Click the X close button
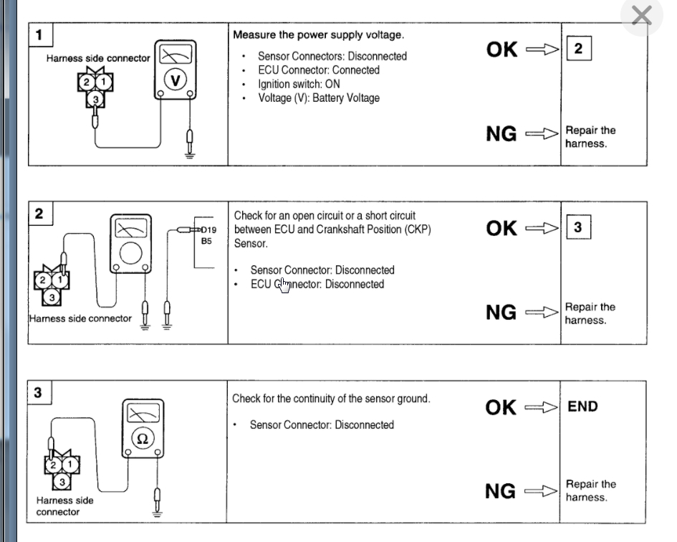641,16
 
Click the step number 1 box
39,34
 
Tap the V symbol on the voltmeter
175,80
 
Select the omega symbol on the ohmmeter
142,438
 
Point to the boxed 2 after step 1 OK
578,49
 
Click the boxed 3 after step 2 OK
578,228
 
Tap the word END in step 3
582,406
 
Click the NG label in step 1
501,133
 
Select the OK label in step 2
501,228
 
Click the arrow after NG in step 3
541,491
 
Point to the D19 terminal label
207,230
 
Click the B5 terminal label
206,242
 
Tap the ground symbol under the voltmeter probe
189,153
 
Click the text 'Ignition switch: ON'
299,84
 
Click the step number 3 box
39,392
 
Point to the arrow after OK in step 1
541,49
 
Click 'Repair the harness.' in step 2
590,313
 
